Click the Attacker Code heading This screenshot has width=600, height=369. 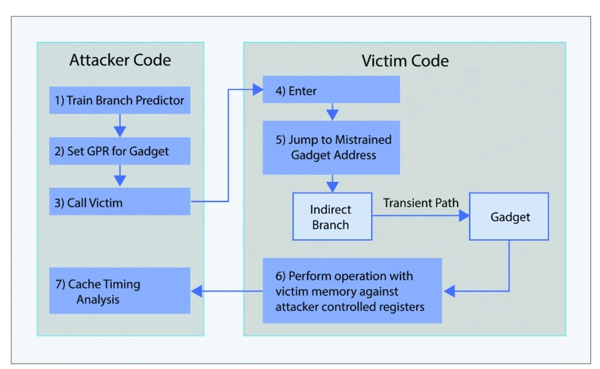[x=120, y=59]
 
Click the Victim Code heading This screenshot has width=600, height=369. [x=405, y=61]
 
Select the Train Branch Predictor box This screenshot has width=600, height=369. [x=120, y=100]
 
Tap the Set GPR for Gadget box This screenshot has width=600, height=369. [x=120, y=151]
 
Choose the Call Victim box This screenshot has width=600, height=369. [x=120, y=201]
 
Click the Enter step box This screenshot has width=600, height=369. [x=331, y=89]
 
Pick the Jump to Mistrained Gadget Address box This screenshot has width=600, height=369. [x=331, y=148]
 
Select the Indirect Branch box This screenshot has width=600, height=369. [x=332, y=216]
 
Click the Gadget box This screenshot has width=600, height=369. [x=509, y=216]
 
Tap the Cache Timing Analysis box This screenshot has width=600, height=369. [x=120, y=291]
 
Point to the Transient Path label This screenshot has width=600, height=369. [x=421, y=203]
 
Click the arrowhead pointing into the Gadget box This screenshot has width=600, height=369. [x=464, y=215]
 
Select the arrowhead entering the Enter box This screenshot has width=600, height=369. [x=258, y=89]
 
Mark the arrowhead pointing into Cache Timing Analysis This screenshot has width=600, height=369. [x=196, y=291]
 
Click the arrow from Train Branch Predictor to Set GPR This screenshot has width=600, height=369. [x=120, y=125]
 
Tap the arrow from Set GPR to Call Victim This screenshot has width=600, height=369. [x=120, y=176]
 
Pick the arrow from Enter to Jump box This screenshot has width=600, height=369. [x=332, y=112]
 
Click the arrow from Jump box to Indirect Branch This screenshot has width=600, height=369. [x=332, y=184]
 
